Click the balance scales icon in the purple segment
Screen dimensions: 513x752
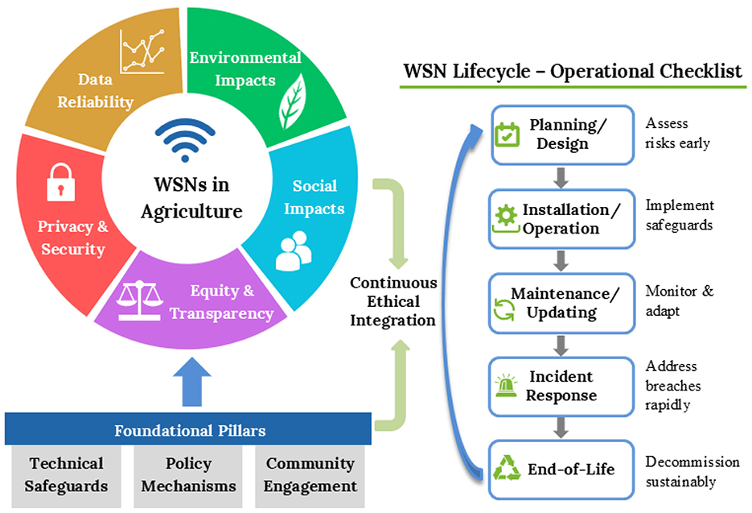[141, 297]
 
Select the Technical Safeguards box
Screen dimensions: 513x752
[66, 474]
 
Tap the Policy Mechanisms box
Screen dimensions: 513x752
[188, 474]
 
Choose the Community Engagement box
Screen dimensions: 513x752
[310, 474]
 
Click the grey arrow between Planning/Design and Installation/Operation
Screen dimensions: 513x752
[561, 176]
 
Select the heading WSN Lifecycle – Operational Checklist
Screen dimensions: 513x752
[572, 71]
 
